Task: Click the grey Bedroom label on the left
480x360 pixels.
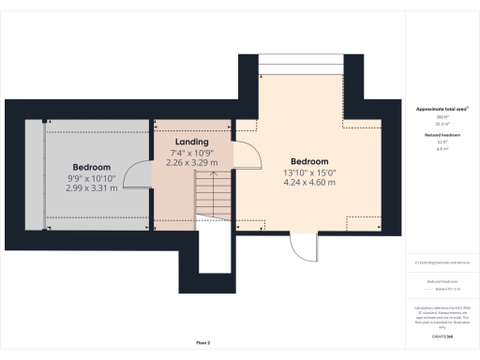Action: pos(92,167)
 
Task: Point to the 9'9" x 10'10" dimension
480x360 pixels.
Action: pos(92,178)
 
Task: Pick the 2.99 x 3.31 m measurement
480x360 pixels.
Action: pos(92,187)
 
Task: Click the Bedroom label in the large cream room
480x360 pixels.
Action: pos(308,160)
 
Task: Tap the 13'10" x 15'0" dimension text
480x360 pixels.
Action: pos(308,172)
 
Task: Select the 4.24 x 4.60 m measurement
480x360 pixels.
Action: pos(308,182)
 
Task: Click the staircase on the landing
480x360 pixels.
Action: pos(211,201)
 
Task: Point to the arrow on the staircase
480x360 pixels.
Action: pos(212,187)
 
